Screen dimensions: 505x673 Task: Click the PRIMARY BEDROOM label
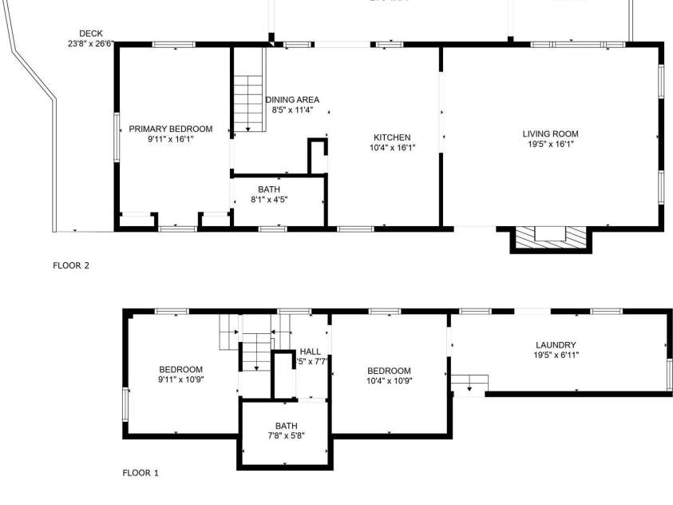pyautogui.click(x=171, y=129)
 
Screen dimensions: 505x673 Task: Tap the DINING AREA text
pyautogui.click(x=291, y=100)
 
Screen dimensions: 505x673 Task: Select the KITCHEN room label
pyautogui.click(x=390, y=137)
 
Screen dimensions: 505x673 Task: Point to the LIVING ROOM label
pyautogui.click(x=550, y=133)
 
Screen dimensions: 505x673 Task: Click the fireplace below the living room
pyautogui.click(x=550, y=237)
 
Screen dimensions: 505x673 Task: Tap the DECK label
pyautogui.click(x=80, y=34)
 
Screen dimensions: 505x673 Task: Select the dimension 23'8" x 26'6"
pyautogui.click(x=91, y=45)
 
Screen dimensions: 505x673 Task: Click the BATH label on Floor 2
pyautogui.click(x=269, y=189)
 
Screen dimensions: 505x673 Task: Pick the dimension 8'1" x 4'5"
pyautogui.click(x=269, y=199)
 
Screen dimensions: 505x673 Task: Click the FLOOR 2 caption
pyautogui.click(x=71, y=265)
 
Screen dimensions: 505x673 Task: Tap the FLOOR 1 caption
pyautogui.click(x=141, y=472)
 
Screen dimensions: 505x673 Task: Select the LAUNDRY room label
pyautogui.click(x=556, y=345)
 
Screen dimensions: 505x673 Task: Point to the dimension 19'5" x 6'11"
pyautogui.click(x=556, y=355)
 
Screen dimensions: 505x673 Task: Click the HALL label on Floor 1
pyautogui.click(x=310, y=352)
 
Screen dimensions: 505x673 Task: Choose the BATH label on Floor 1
pyautogui.click(x=286, y=426)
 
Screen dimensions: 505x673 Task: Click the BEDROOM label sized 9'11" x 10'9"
pyautogui.click(x=180, y=369)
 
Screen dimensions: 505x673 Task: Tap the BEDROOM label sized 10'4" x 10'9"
pyautogui.click(x=389, y=371)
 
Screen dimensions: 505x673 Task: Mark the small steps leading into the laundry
pyautogui.click(x=469, y=384)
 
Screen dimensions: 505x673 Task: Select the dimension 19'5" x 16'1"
pyautogui.click(x=550, y=144)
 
